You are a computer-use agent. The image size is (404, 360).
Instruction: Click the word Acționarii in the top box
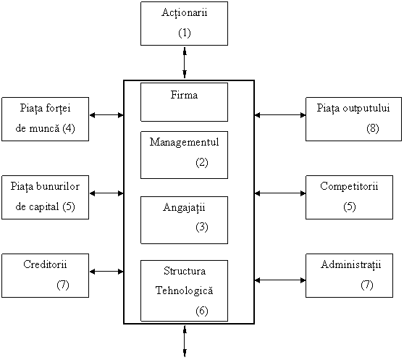(184, 12)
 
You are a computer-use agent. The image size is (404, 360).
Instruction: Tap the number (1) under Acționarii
(185, 33)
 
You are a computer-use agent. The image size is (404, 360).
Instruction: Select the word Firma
(184, 95)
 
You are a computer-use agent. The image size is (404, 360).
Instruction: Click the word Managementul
(184, 142)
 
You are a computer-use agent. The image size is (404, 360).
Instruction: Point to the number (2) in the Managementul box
(202, 162)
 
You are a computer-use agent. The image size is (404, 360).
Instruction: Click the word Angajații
(184, 208)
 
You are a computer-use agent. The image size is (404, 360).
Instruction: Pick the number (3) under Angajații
(202, 227)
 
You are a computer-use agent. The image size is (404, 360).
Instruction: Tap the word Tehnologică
(184, 290)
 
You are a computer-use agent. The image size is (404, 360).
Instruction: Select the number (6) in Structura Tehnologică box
(202, 311)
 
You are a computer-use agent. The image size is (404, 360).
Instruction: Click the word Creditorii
(45, 264)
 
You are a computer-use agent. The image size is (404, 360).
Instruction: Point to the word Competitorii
(349, 186)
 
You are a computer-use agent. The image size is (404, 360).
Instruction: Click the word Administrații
(350, 264)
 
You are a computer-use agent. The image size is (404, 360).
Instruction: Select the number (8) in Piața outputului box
(373, 128)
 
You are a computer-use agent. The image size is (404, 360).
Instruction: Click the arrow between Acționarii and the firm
(185, 62)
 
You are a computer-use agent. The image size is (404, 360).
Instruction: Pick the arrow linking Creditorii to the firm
(106, 272)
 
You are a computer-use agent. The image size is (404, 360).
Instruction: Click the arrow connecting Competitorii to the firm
(280, 193)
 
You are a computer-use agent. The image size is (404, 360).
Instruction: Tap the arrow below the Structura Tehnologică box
(185, 341)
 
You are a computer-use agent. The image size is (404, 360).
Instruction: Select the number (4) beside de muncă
(69, 128)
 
